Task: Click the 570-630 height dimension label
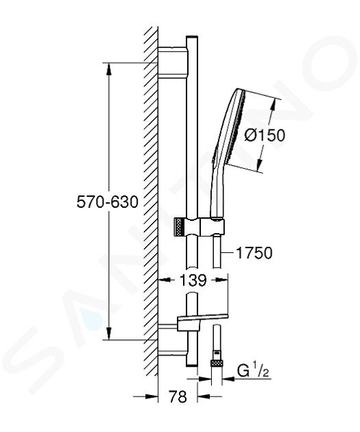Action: click(x=107, y=202)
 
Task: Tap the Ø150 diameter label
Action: click(x=265, y=136)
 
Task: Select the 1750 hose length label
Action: click(x=254, y=252)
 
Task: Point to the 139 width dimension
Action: click(x=193, y=280)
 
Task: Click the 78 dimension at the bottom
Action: click(x=178, y=397)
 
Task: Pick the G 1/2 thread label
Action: click(x=253, y=371)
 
